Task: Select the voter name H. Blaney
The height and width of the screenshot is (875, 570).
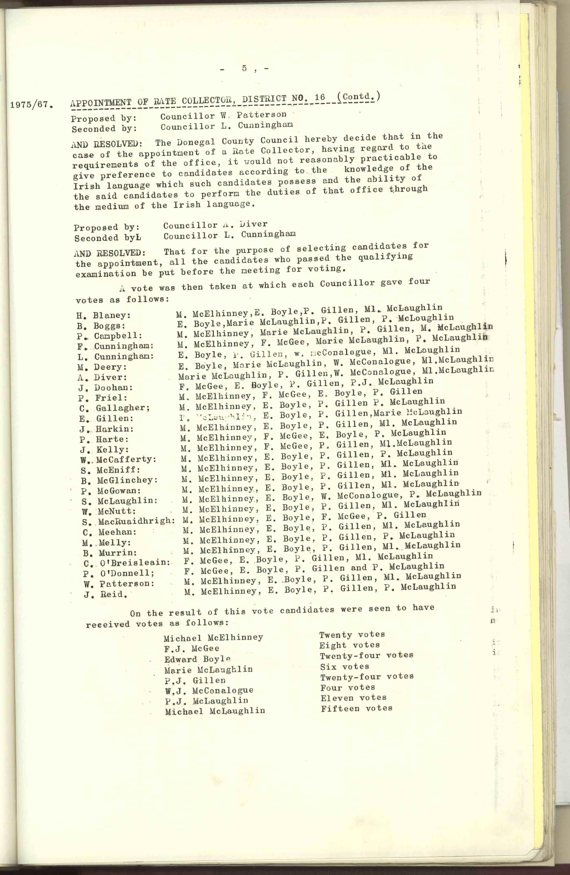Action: (104, 315)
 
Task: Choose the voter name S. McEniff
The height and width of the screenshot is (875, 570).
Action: (111, 470)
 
